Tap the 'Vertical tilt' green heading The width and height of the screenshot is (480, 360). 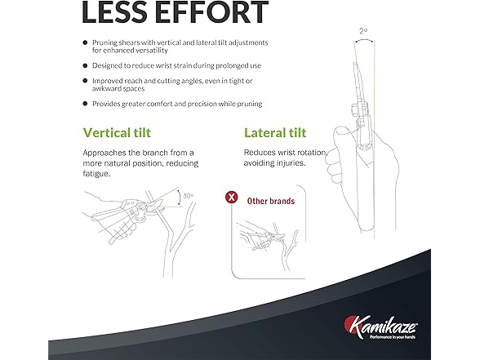(x=117, y=133)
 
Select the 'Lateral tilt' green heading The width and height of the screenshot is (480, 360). (x=275, y=133)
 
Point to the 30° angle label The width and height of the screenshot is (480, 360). (x=189, y=196)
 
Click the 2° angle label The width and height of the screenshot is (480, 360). (x=363, y=31)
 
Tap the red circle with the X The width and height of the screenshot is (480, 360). (x=232, y=197)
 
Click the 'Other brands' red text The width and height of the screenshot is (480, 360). (x=271, y=201)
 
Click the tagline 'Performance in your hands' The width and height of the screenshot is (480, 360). (x=393, y=337)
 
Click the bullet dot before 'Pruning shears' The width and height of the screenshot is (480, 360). (x=85, y=42)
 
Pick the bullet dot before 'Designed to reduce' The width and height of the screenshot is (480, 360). (x=85, y=65)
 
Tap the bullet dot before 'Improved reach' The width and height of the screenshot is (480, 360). (x=85, y=81)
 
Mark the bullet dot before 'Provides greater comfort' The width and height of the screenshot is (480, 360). (x=85, y=104)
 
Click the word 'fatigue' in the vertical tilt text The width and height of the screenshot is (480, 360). (x=96, y=174)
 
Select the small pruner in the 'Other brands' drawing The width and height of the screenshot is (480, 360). (x=266, y=240)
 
